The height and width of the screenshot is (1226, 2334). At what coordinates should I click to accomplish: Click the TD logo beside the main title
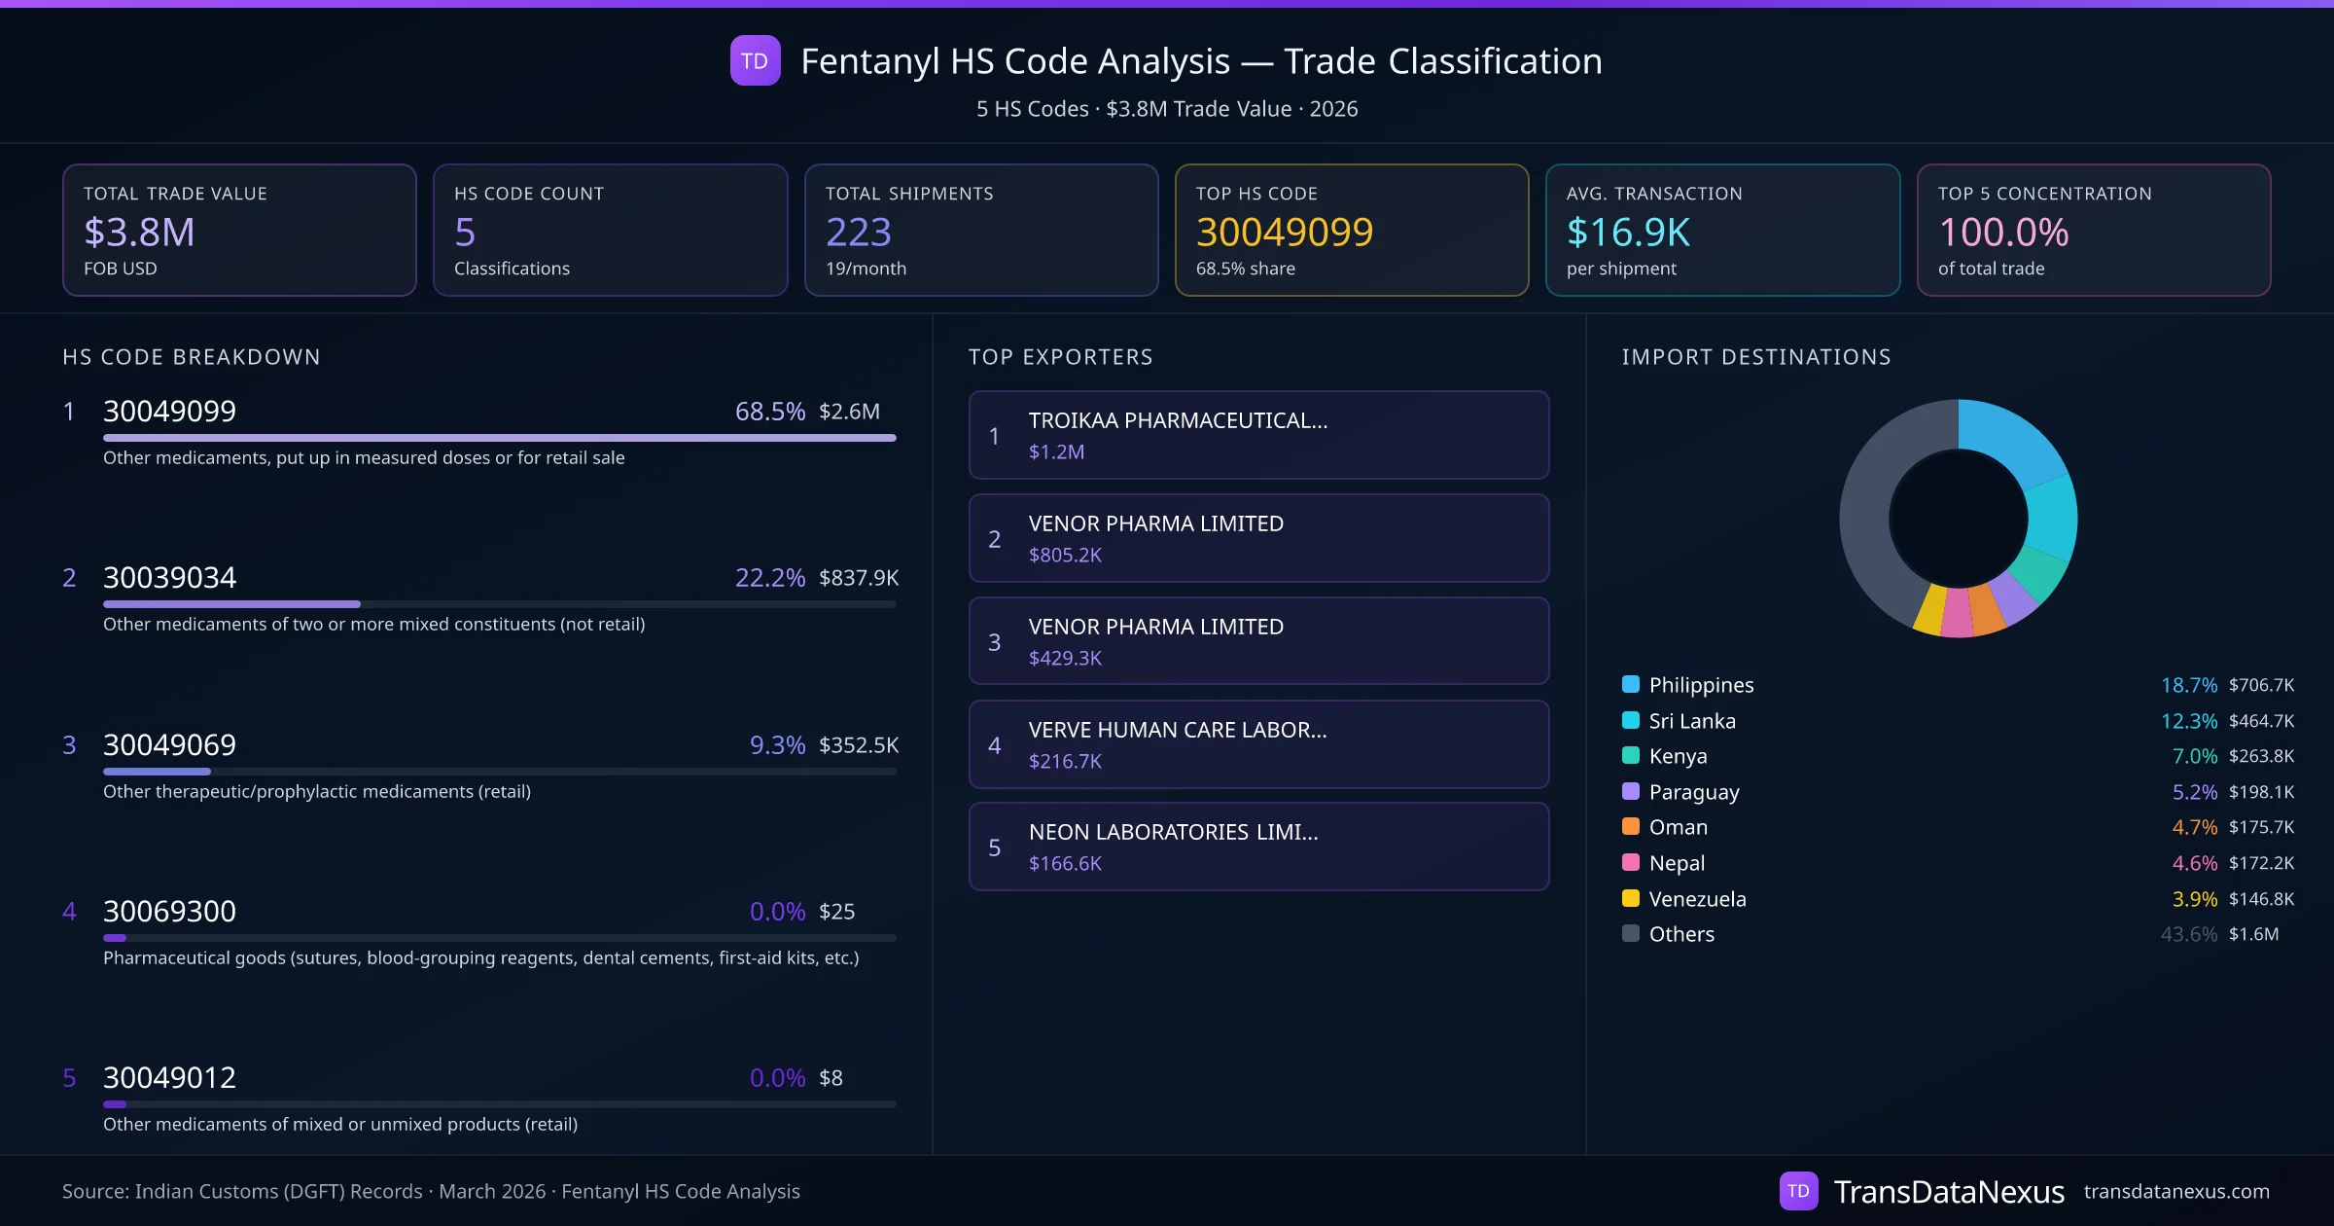pos(755,60)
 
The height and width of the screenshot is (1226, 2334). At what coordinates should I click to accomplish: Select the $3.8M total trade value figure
pos(139,232)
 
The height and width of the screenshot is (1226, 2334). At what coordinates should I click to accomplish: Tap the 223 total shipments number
pos(858,232)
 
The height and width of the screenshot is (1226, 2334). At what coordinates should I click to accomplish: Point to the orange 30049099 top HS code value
pos(1284,232)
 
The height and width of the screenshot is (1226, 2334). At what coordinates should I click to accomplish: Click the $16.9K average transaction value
pos(1628,232)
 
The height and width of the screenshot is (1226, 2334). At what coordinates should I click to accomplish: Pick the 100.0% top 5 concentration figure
pos(2003,232)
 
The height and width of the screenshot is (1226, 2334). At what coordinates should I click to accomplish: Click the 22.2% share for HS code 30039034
pos(769,578)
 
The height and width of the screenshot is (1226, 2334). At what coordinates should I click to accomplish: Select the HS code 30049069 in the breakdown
pos(169,745)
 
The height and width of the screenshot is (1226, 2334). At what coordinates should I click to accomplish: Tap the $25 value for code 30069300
pos(836,912)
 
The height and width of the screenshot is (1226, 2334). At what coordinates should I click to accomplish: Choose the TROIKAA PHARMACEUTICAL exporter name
pos(1178,420)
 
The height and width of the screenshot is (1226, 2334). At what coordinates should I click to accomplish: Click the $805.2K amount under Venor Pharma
pos(1065,555)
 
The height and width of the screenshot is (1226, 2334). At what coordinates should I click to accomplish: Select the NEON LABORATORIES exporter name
pos(1173,832)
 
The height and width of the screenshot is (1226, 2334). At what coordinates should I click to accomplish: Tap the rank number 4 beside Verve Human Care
pos(994,745)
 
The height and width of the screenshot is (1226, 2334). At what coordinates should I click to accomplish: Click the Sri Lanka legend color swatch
pos(1631,721)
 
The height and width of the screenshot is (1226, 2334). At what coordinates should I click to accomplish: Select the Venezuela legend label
pos(1697,899)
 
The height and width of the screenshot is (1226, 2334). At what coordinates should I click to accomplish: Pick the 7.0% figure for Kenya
pos(2194,756)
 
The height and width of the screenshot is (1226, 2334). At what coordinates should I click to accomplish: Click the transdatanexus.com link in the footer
pos(2175,1191)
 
